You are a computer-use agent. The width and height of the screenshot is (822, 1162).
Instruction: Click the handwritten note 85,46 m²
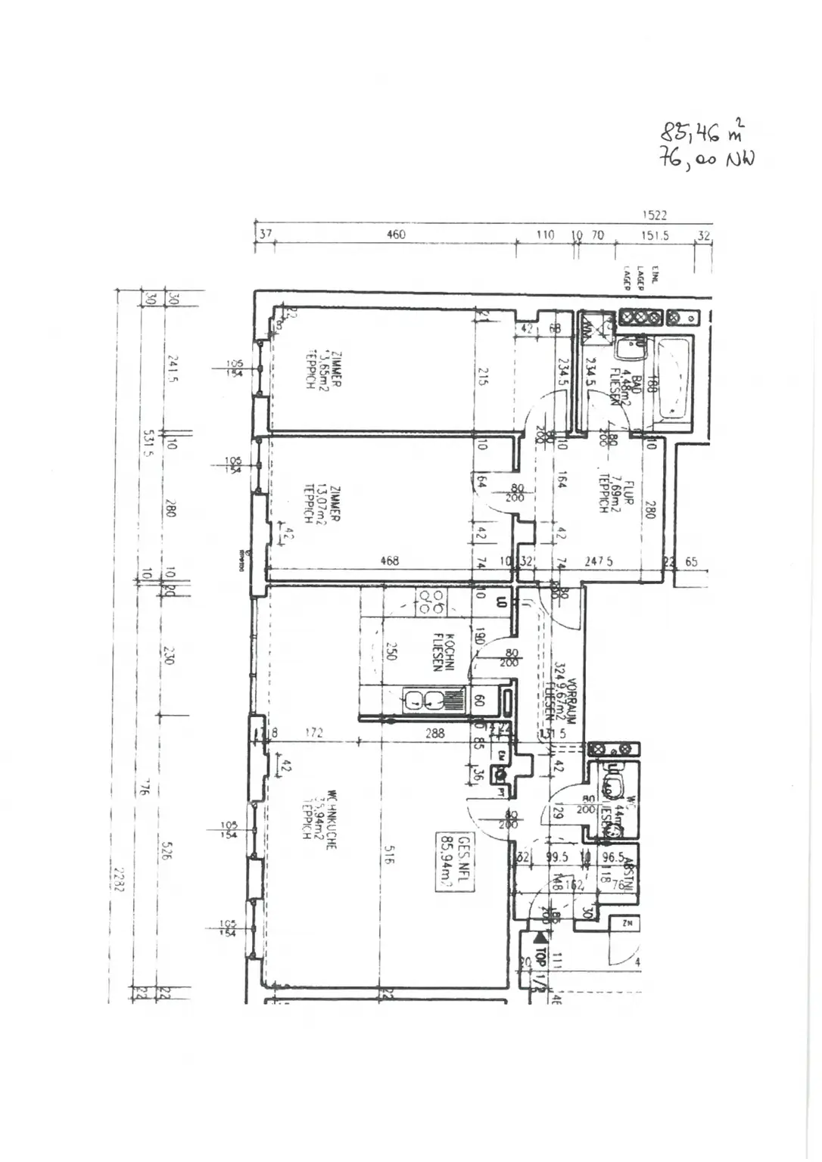point(701,132)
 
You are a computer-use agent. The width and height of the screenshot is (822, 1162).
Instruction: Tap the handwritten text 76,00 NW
point(707,160)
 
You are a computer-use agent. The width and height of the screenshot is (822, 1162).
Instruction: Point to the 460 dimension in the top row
point(396,235)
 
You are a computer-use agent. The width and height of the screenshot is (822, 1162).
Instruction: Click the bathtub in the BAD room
point(674,378)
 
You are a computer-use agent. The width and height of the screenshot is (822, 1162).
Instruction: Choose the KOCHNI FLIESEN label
point(443,651)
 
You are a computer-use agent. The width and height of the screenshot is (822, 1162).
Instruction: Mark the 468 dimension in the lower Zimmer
point(390,561)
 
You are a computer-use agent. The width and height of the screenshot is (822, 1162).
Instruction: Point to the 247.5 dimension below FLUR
point(598,562)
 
